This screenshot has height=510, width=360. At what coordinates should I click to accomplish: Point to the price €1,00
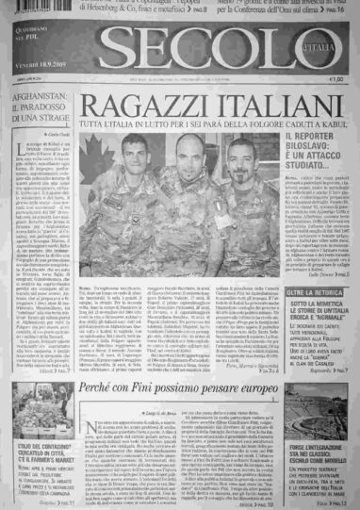(333, 83)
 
